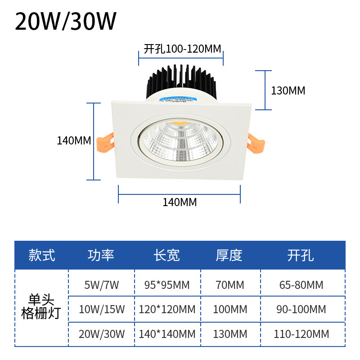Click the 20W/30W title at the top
(66, 21)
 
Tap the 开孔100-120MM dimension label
(182, 49)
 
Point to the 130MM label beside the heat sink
(288, 90)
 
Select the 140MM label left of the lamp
(74, 140)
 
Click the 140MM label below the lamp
(180, 202)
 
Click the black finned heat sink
(182, 81)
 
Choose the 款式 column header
(41, 255)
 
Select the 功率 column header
(101, 255)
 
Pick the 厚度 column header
(229, 255)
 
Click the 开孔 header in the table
(300, 255)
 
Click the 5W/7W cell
(102, 285)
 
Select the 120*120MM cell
(167, 310)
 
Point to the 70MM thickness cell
(229, 285)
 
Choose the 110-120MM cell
(301, 334)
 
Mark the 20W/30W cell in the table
(102, 334)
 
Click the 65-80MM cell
(301, 285)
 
